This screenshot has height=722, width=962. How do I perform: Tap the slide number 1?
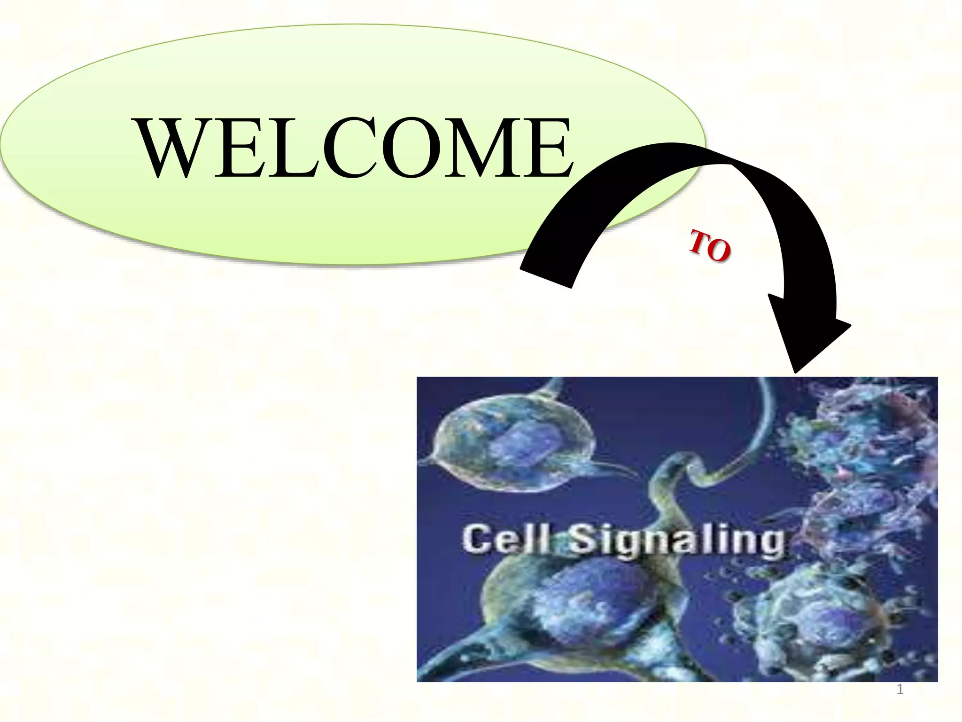(x=900, y=690)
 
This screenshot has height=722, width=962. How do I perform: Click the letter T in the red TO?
(x=699, y=241)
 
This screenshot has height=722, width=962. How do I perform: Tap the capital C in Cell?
(x=477, y=539)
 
